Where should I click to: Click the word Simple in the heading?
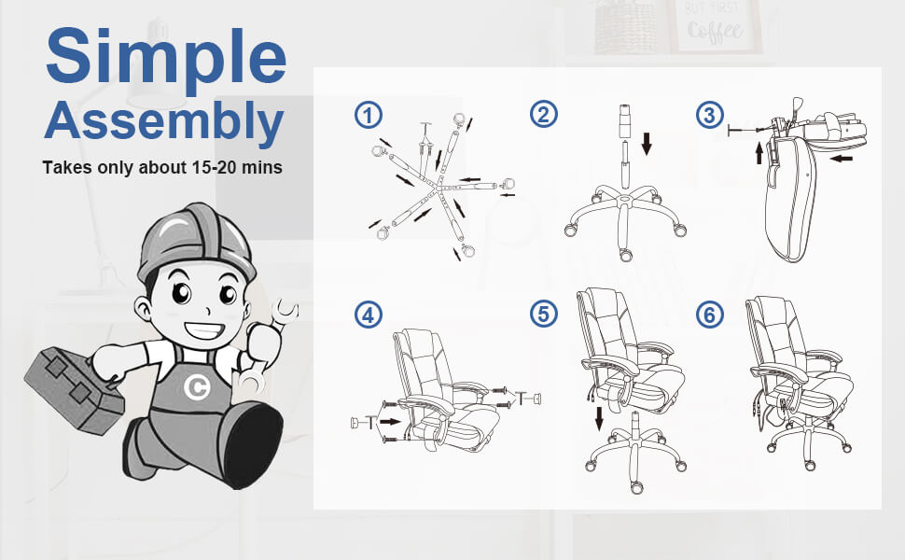tap(165, 58)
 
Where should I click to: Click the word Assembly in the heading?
tap(164, 121)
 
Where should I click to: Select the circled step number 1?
tap(369, 115)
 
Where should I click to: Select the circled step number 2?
tap(543, 115)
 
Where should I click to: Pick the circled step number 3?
tap(710, 115)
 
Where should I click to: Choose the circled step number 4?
tap(369, 315)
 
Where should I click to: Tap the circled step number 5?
tap(543, 315)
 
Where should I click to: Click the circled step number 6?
tap(710, 315)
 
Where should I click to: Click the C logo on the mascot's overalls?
tap(196, 387)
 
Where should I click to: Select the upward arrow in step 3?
tap(759, 152)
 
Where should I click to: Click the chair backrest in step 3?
tap(789, 201)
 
